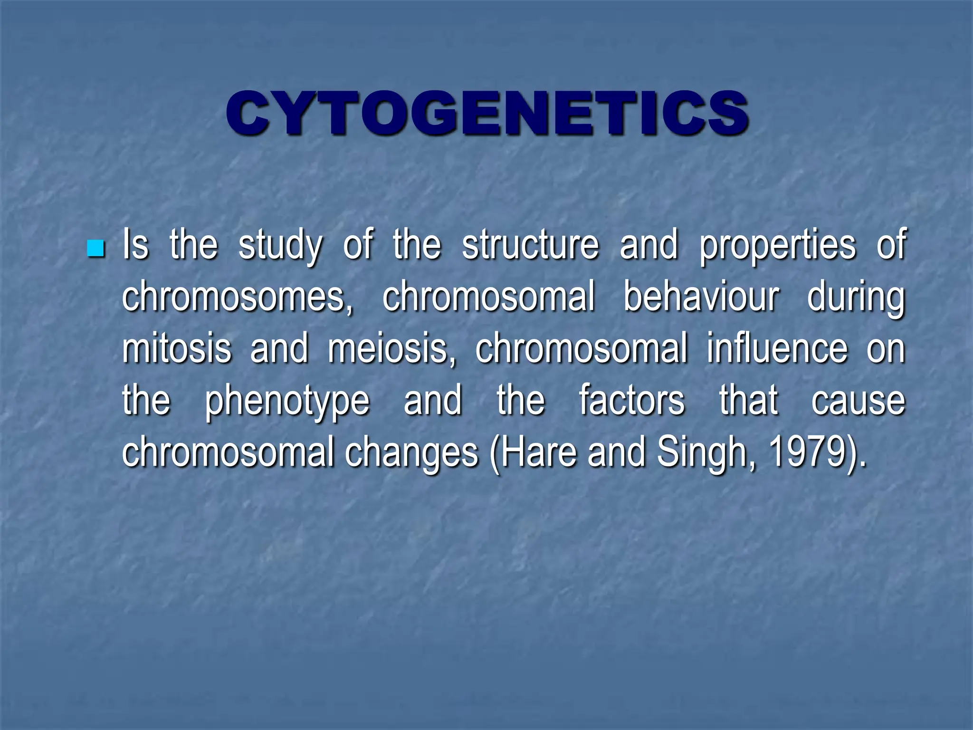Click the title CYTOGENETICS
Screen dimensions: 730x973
click(x=486, y=114)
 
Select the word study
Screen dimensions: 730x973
click(x=280, y=246)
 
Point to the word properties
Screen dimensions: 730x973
click(x=778, y=246)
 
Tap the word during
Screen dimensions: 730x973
click(x=856, y=298)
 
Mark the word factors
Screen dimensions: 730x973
click(x=631, y=400)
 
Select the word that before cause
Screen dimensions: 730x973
click(x=748, y=400)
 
